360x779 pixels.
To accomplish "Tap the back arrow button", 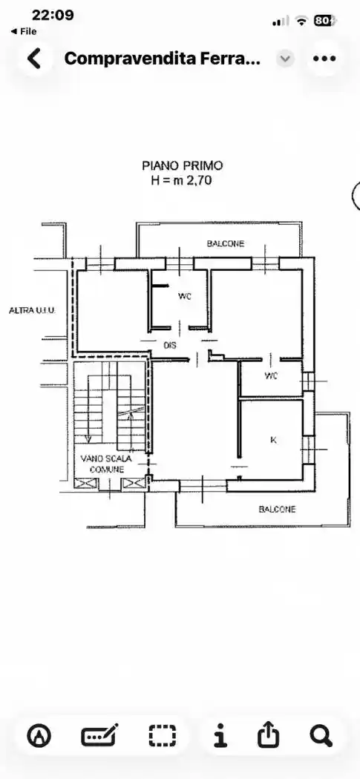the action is pos(34,59).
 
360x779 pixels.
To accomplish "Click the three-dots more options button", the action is pos(324,59).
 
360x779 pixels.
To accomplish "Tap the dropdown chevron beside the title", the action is pos(285,59).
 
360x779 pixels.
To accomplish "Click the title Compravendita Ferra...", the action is pos(163,59).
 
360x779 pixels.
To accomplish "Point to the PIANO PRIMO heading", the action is pos(182,165).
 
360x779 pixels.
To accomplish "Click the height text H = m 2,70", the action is pos(182,180).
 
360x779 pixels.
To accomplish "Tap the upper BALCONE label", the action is pos(226,243).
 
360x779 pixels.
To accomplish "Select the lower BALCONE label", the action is pos(277,509).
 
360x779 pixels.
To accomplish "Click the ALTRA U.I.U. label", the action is pos(33,311).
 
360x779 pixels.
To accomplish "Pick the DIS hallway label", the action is pos(170,345).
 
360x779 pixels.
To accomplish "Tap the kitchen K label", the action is pos(273,440).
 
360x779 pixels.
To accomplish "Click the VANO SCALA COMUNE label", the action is pos(107,464).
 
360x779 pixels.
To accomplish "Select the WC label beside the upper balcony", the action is pos(185,297).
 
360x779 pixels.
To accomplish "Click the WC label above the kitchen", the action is pos(271,376).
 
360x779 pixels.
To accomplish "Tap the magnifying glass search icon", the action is pos(321,735).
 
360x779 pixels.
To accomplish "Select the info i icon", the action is pos(220,735).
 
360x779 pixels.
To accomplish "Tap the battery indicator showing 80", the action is pos(325,21).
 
